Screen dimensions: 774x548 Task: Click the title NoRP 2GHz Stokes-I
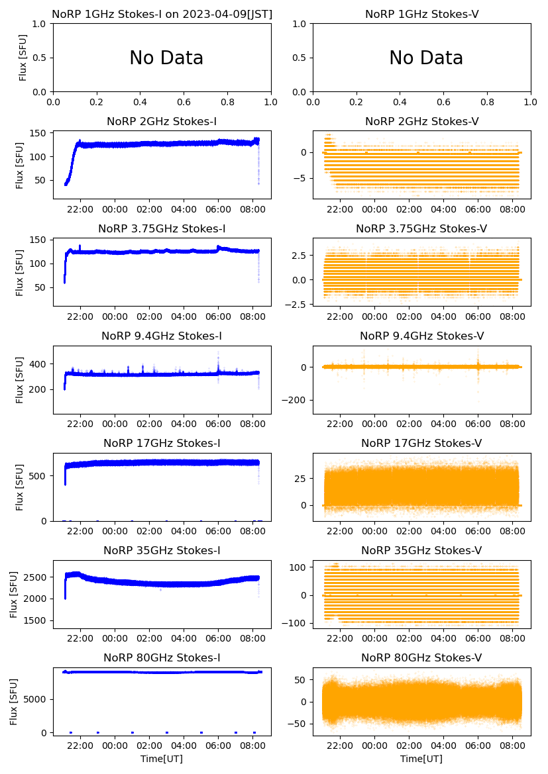pyautogui.click(x=162, y=121)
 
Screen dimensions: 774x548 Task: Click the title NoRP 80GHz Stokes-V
pyautogui.click(x=421, y=657)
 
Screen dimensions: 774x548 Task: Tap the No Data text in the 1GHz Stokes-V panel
pyautogui.click(x=426, y=58)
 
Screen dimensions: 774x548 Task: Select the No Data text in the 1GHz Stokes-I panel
pyautogui.click(x=166, y=58)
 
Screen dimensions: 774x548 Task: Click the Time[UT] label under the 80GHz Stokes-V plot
pyautogui.click(x=421, y=759)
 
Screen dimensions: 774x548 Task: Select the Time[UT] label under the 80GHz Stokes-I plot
pyautogui.click(x=162, y=759)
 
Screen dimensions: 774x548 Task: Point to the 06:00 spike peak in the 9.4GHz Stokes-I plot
pyautogui.click(x=218, y=352)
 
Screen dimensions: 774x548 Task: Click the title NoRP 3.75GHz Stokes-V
pyautogui.click(x=421, y=228)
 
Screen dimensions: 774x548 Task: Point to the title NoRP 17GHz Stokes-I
pyautogui.click(x=162, y=443)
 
